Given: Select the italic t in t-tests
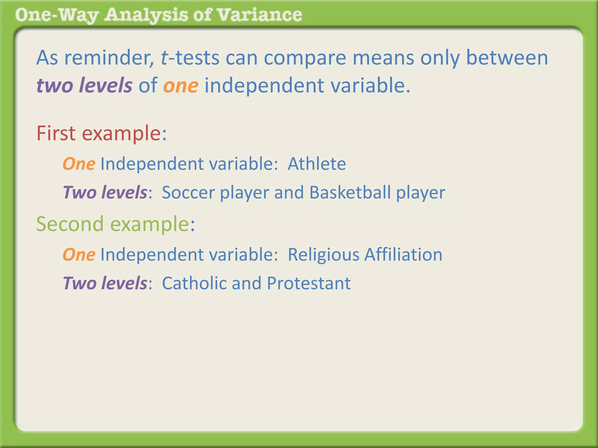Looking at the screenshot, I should coord(164,58).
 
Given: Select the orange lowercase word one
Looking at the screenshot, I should coord(181,86).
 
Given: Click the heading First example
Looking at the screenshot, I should coord(101,134).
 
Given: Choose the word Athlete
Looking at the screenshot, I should coord(317,164).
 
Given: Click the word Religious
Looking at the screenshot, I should coord(323,255).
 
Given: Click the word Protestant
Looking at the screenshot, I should coord(309,283).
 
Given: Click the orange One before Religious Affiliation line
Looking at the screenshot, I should coord(79,255).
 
